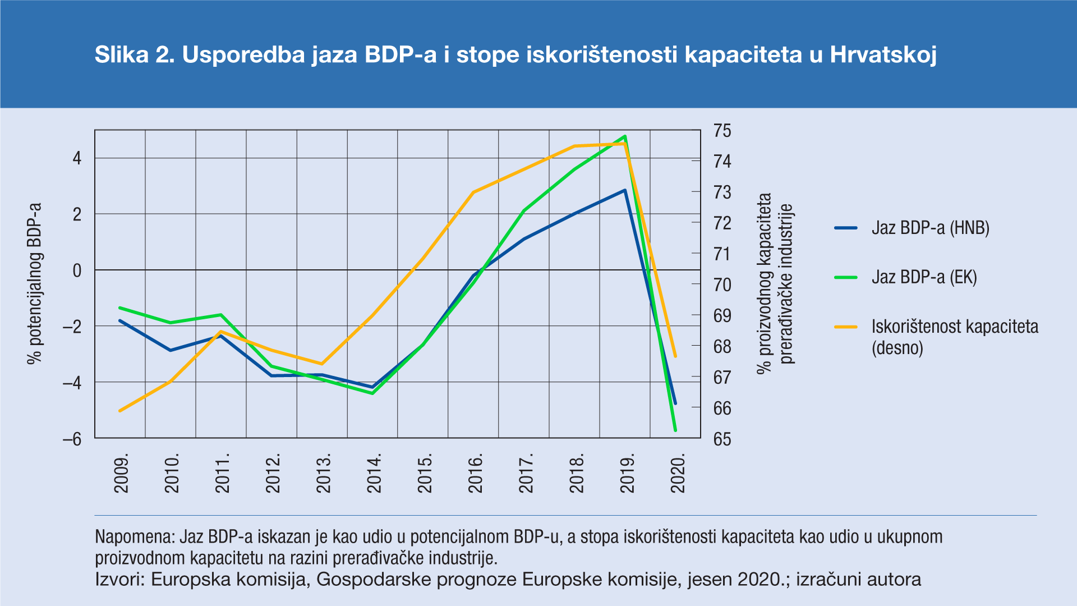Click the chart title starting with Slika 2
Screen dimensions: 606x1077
click(x=515, y=55)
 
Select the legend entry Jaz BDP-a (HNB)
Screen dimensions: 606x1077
click(x=930, y=228)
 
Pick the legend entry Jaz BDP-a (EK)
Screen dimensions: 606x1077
click(x=924, y=277)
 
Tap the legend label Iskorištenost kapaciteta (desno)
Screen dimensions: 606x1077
click(x=954, y=337)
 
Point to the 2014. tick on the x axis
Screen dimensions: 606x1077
click(x=374, y=473)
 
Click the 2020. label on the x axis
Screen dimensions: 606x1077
click(x=678, y=473)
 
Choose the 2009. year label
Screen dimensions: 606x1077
click(x=121, y=473)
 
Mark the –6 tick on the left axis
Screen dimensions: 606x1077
click(x=72, y=439)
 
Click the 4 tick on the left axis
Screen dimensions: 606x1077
click(x=77, y=158)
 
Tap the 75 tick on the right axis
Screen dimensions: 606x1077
click(x=722, y=131)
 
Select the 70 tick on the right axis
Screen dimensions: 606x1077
click(x=722, y=285)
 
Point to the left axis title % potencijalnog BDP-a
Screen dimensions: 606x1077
click(x=35, y=283)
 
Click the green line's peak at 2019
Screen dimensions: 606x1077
click(x=625, y=136)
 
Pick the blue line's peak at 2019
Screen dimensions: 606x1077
click(x=625, y=190)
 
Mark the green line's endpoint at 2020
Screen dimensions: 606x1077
click(x=675, y=430)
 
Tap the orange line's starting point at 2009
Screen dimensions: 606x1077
click(x=120, y=411)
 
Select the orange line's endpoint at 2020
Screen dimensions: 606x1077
click(x=675, y=356)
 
